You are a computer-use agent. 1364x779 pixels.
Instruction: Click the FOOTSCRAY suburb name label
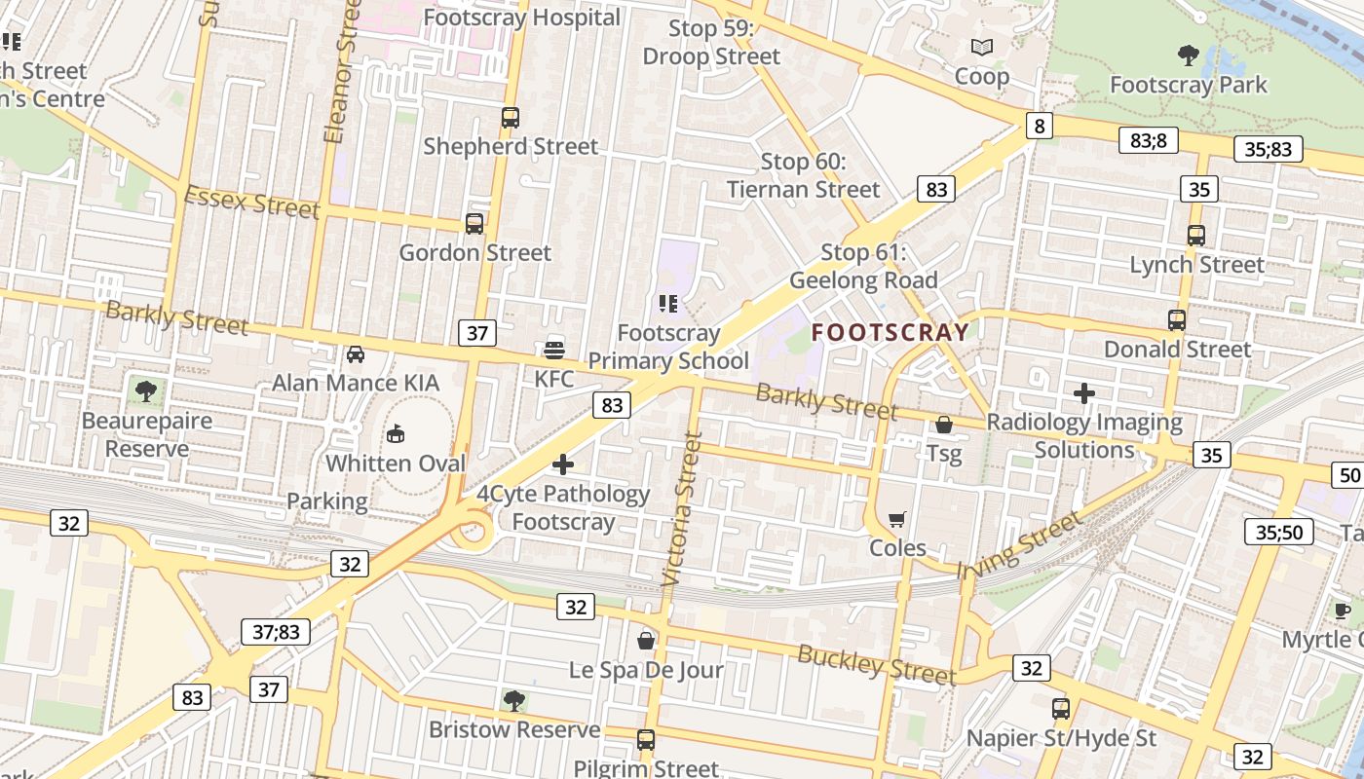point(890,332)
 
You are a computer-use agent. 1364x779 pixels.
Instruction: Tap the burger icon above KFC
point(554,349)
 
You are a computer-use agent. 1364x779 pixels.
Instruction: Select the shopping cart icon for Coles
point(897,519)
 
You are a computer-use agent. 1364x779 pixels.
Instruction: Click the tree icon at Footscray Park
point(1188,55)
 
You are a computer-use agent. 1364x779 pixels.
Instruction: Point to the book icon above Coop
point(981,47)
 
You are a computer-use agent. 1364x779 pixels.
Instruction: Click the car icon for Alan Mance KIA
point(356,354)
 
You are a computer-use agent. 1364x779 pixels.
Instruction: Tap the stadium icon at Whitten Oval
point(396,433)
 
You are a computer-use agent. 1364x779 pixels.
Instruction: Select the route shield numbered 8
point(1040,125)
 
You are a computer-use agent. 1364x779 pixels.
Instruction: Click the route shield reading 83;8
point(1148,140)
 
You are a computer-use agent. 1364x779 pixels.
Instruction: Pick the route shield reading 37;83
point(276,632)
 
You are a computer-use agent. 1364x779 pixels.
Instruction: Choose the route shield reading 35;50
point(1278,532)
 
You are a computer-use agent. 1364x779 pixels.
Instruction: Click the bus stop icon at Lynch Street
point(1195,236)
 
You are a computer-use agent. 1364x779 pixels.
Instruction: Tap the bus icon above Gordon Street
point(474,224)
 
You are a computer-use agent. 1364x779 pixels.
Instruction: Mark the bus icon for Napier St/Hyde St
point(1061,709)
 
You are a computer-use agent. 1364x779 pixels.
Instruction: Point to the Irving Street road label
point(1019,545)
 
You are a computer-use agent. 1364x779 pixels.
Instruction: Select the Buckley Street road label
point(876,664)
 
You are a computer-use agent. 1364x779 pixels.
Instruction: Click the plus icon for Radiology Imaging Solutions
point(1083,393)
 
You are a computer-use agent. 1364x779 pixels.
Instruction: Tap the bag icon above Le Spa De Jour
point(645,641)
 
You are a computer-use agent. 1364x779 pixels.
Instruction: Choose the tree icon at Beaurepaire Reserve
point(146,391)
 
